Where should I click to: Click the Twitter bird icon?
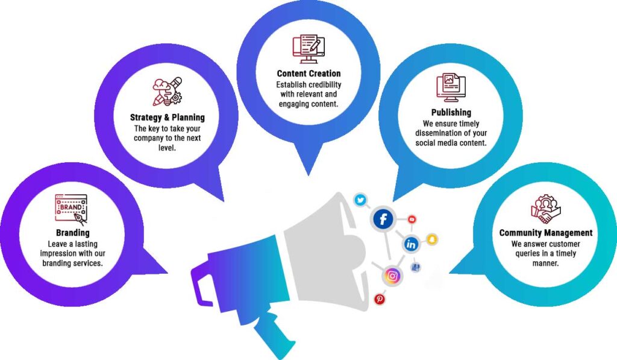[360, 200]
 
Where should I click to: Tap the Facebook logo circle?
[383, 219]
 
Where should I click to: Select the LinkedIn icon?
[412, 244]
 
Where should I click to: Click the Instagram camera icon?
[392, 276]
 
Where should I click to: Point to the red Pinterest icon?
[380, 298]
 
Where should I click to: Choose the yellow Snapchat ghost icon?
[432, 239]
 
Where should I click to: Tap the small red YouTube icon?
[412, 219]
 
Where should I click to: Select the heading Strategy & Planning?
[168, 117]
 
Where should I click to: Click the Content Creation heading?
[308, 74]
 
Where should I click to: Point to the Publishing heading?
[451, 112]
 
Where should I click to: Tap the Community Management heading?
[545, 233]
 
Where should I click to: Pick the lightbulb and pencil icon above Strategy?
[166, 92]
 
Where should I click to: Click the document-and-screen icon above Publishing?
[450, 88]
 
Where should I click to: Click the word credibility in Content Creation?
[321, 84]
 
